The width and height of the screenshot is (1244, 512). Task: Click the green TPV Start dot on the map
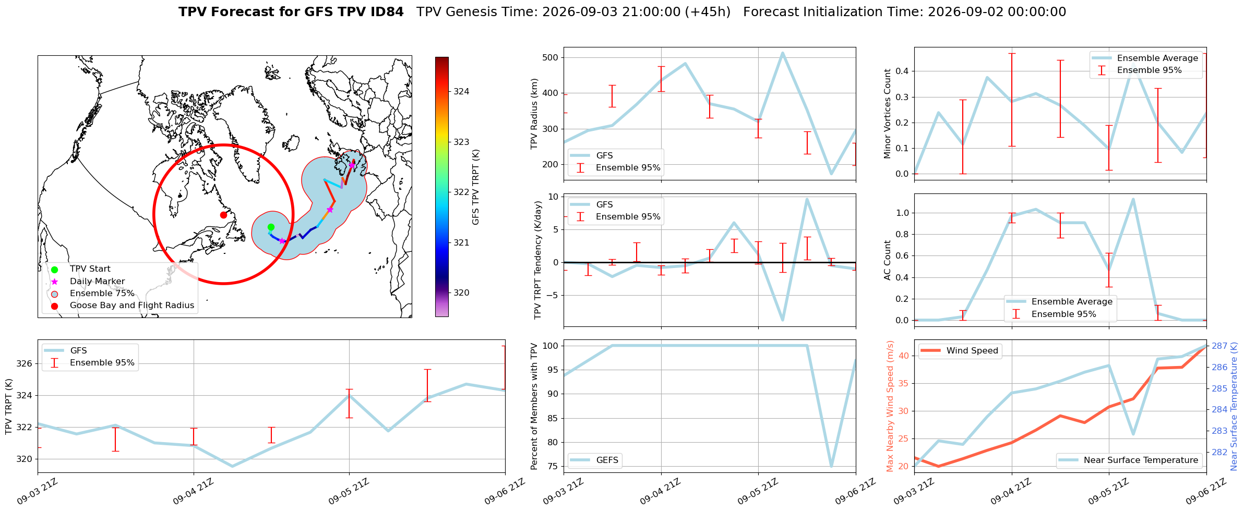click(x=271, y=227)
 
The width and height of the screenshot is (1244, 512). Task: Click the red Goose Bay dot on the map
click(x=223, y=215)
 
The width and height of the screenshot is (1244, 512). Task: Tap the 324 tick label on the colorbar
click(x=461, y=91)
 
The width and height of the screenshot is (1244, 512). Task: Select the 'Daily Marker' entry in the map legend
click(x=97, y=281)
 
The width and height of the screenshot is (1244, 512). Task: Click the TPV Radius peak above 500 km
click(x=783, y=53)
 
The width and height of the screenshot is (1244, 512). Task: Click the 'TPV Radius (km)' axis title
click(x=534, y=114)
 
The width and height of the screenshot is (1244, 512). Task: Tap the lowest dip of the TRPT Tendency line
click(x=783, y=320)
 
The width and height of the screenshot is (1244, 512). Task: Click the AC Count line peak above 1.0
click(x=1133, y=199)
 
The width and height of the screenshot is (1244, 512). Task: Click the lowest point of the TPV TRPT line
click(x=232, y=466)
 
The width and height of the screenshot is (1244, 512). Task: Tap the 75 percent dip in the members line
click(x=831, y=466)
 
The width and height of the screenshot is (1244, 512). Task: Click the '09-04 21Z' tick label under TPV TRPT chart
click(x=194, y=492)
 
